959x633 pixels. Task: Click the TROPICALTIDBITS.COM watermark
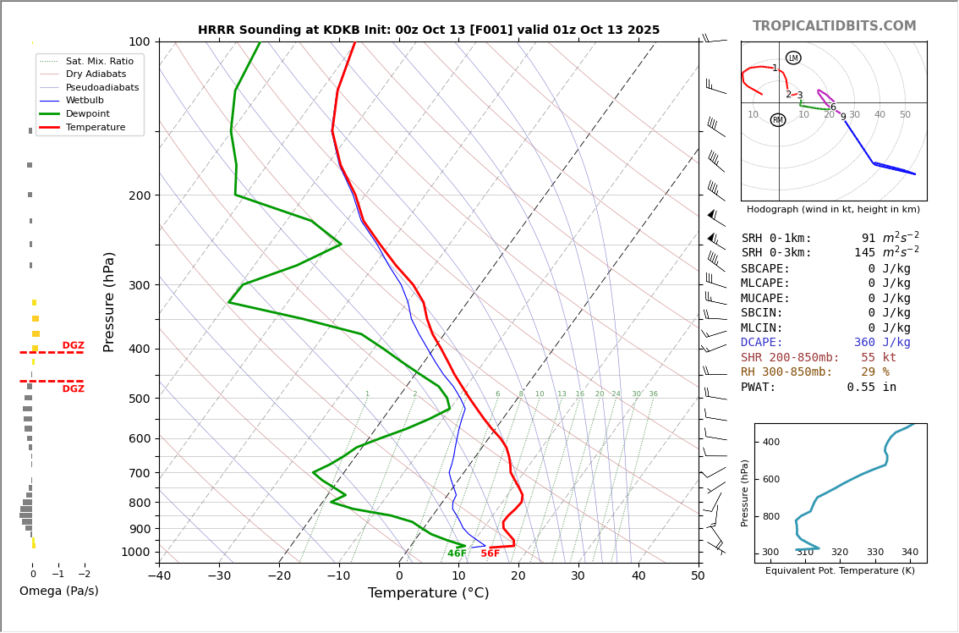[834, 26]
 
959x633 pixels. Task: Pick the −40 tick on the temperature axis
[159, 576]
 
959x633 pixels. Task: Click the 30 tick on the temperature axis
[578, 576]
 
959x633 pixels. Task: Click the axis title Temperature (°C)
[428, 593]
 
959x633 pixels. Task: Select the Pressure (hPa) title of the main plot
[109, 301]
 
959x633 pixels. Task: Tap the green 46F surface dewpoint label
[457, 553]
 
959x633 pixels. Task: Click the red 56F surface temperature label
[490, 553]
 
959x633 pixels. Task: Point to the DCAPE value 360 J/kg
[882, 343]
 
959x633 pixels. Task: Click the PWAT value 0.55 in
[872, 387]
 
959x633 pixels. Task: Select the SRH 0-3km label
[776, 253]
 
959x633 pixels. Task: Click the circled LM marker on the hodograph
[793, 58]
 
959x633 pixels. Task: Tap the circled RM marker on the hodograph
[778, 120]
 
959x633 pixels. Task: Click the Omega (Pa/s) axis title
[59, 591]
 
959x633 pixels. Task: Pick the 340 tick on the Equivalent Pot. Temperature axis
[909, 553]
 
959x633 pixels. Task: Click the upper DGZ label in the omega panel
[74, 345]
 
